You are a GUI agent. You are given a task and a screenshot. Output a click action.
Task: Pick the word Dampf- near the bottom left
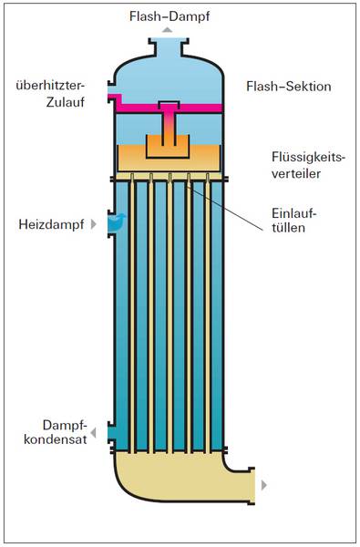tap(64, 425)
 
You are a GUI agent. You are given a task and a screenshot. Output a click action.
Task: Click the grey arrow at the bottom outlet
tap(264, 485)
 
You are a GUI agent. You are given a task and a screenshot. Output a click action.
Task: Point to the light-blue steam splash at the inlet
tap(116, 221)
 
